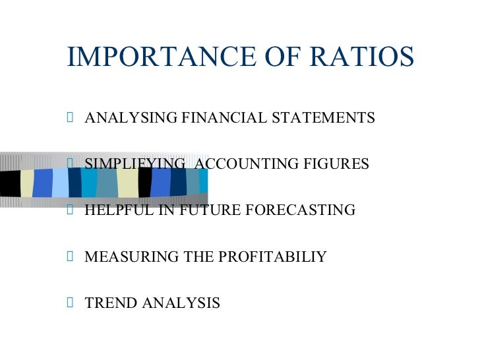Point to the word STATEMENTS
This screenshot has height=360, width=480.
click(322, 118)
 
